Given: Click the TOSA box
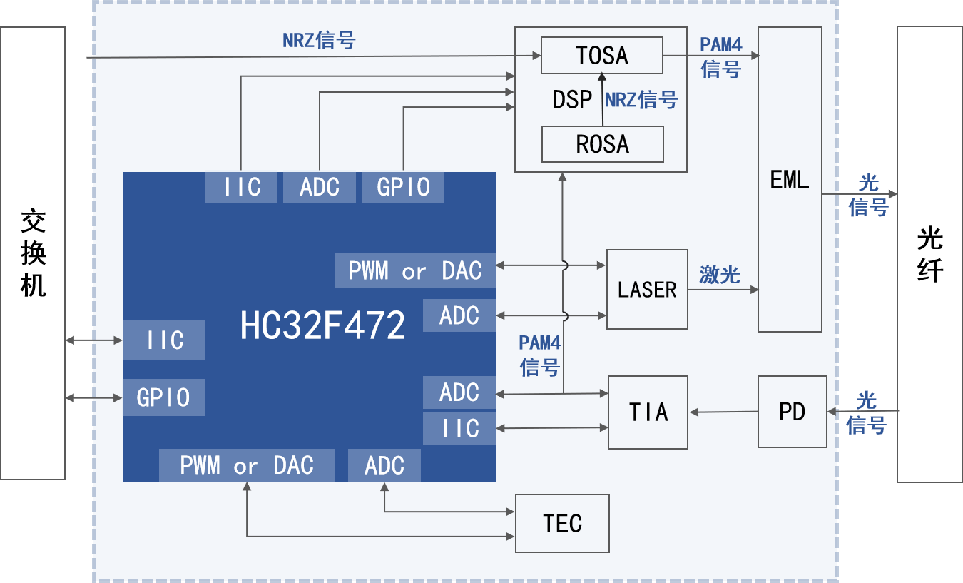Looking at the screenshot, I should [601, 56].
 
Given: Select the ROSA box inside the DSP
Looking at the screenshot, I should [603, 144].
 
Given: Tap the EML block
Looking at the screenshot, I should [790, 179].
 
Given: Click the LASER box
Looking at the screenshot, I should [647, 289].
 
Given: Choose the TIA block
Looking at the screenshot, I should [648, 412].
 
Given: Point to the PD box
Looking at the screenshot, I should [792, 412].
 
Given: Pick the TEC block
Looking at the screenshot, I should [562, 523].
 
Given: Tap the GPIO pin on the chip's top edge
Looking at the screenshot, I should [403, 187].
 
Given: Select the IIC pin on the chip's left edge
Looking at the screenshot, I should [164, 340].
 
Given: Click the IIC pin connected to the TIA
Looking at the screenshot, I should [459, 428].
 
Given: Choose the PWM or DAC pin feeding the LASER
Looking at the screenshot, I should [414, 271].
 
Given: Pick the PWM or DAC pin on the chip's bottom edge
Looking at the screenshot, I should [246, 466].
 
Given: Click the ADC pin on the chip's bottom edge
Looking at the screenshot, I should [384, 466].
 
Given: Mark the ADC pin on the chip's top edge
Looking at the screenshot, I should [319, 187].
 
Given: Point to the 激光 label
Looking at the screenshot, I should [719, 275].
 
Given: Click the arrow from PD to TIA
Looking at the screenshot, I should [723, 412].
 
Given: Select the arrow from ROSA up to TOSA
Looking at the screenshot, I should [603, 100].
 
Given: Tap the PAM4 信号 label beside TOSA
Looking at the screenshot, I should [720, 57].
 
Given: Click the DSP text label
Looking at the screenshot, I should [572, 100].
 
